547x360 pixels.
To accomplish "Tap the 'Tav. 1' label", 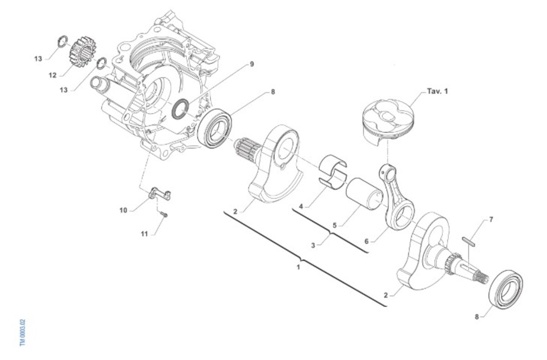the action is pyautogui.click(x=437, y=91).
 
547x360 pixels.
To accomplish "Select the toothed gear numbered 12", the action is pyautogui.click(x=83, y=52).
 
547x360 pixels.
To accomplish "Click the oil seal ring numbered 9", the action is pyautogui.click(x=180, y=109).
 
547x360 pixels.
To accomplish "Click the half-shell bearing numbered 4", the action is pyautogui.click(x=333, y=172).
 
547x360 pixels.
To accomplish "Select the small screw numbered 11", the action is pyautogui.click(x=164, y=215).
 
